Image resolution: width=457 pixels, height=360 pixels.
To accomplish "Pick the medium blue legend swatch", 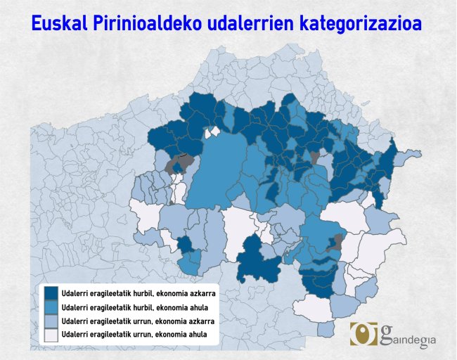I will [x=51, y=308].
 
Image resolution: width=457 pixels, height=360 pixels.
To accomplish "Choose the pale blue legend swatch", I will [x=51, y=321].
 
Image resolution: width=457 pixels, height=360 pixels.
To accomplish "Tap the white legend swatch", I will [x=51, y=335].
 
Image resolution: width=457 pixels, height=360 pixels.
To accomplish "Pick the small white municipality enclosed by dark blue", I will [x=209, y=133].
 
